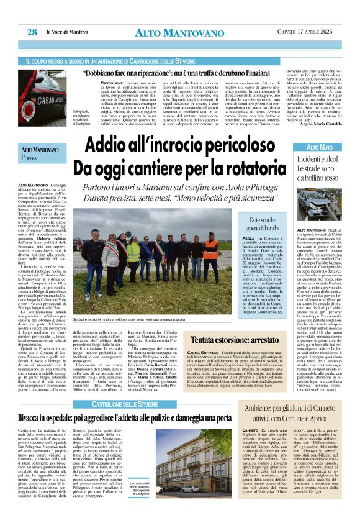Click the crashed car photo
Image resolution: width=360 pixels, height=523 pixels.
pyautogui.click(x=318, y=207)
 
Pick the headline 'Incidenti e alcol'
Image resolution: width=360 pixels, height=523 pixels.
pyautogui.click(x=316, y=159)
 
